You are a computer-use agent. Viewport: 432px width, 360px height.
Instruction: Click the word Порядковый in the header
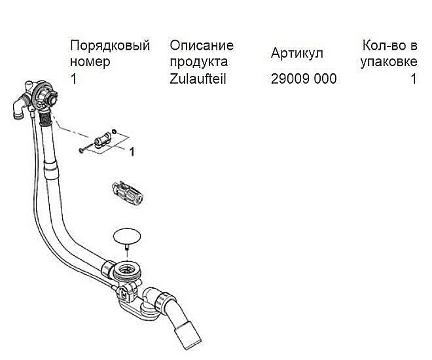click(x=109, y=46)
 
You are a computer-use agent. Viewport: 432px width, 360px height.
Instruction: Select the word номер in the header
click(x=90, y=62)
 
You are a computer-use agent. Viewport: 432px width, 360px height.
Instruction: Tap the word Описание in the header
click(x=202, y=46)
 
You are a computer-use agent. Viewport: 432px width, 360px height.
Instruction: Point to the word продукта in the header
click(x=199, y=62)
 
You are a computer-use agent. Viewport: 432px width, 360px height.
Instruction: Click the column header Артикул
click(x=297, y=54)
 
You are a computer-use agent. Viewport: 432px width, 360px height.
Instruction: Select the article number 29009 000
click(x=304, y=79)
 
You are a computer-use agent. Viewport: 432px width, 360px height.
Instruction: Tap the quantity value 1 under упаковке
click(x=413, y=79)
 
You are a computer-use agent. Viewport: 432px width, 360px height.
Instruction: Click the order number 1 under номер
click(x=73, y=79)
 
